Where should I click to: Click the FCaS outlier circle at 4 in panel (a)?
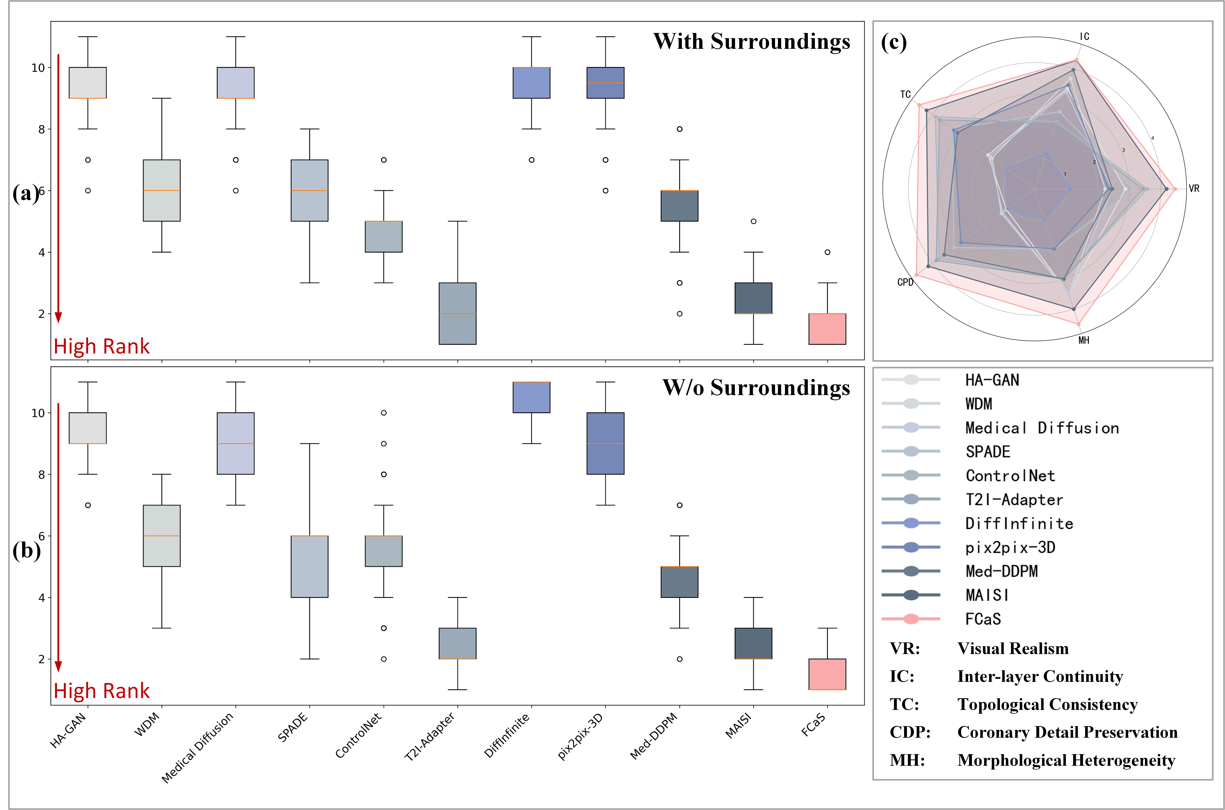pos(827,252)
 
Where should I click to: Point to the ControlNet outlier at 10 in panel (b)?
pos(384,413)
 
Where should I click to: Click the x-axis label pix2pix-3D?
pos(581,736)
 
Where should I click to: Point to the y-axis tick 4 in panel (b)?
pos(41,598)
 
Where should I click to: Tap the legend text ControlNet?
pos(1010,476)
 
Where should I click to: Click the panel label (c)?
pos(894,42)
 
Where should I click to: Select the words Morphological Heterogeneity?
pos(1066,760)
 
